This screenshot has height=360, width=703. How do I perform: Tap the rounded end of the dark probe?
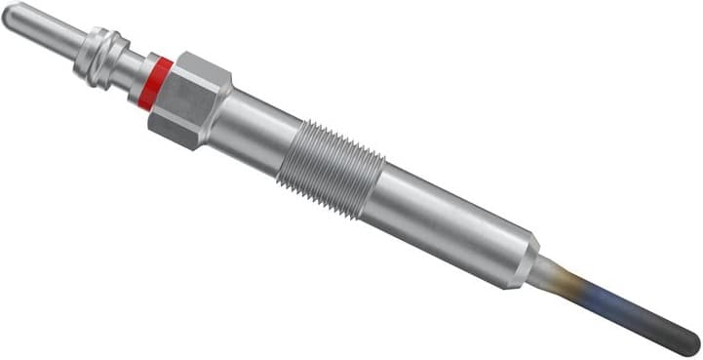point(693,338)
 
